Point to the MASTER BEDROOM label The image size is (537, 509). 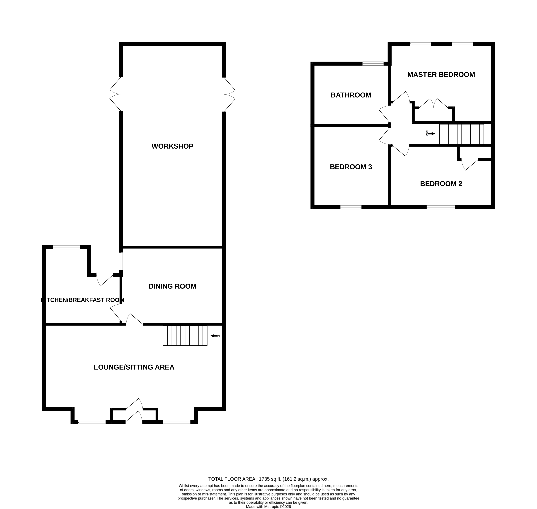click(441, 75)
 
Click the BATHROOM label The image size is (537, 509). click(351, 95)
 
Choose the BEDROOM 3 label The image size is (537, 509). click(351, 167)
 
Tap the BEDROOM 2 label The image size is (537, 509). click(441, 184)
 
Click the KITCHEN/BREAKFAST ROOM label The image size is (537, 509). click(83, 300)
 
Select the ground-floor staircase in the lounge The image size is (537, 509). click(185, 336)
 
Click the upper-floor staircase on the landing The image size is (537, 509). click(461, 134)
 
